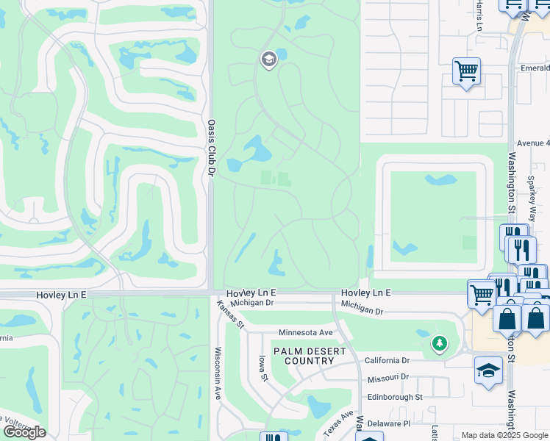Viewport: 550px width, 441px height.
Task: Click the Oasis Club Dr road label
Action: pos(210,148)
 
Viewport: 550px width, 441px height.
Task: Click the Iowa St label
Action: pos(262,368)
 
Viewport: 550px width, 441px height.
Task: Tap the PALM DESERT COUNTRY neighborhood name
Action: pos(310,356)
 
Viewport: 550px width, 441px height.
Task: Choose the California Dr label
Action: pos(387,360)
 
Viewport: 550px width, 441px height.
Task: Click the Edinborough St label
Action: pos(397,396)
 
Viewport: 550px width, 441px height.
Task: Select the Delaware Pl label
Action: pos(390,424)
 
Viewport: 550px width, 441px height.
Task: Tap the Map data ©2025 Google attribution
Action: pos(504,435)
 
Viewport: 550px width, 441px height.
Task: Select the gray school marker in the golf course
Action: pos(268,59)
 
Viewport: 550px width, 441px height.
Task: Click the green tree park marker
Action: pos(440,343)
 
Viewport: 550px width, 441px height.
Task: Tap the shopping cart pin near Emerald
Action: pos(466,71)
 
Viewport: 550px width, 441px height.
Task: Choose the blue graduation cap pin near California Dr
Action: pos(488,370)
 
